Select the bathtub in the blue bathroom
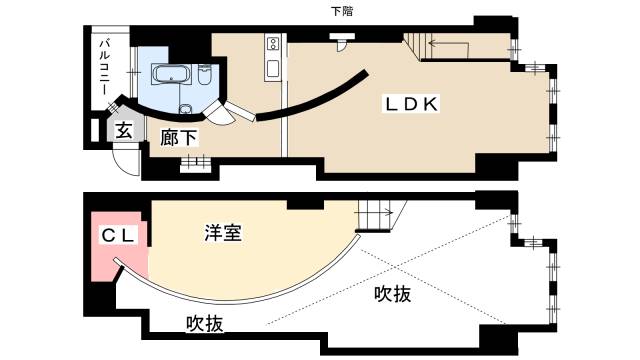tap(168, 73)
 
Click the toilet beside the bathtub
tap(204, 75)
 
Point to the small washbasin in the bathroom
tap(185, 109)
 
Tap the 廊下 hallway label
tap(179, 139)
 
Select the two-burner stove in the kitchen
tap(271, 44)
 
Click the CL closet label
tap(118, 236)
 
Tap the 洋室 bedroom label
tap(221, 233)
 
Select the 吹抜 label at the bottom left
tap(204, 323)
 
